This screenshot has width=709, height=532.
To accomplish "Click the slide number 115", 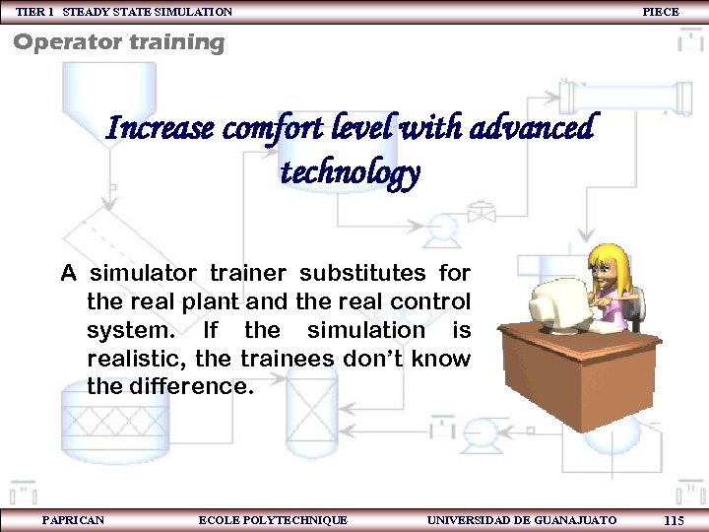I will tap(675, 520).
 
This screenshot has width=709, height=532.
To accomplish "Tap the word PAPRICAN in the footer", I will tap(74, 520).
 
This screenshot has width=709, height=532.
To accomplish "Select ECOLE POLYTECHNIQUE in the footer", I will tap(273, 520).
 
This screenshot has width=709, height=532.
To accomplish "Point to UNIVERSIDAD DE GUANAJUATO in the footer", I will tap(522, 520).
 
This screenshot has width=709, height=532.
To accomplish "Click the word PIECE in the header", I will tap(661, 12).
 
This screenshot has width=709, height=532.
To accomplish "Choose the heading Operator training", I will tap(118, 42).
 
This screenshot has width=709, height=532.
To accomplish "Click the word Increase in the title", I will tap(161, 129).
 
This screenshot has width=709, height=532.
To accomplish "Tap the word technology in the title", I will tap(351, 173).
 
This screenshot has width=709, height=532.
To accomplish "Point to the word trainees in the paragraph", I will tap(292, 359).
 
